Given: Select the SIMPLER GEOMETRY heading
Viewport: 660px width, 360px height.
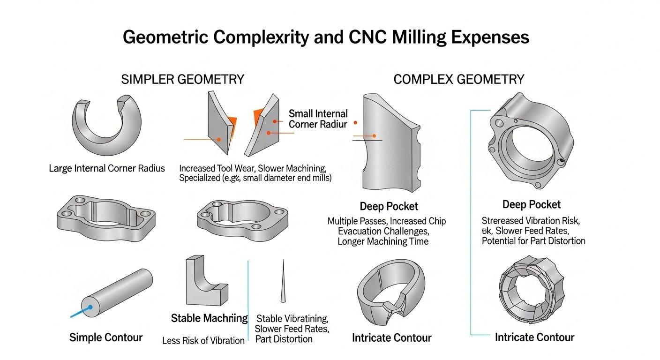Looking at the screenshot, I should click(182, 79).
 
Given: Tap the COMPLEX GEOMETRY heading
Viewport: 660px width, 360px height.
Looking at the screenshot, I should click(458, 79).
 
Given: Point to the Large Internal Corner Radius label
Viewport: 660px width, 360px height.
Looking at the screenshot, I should click(107, 168).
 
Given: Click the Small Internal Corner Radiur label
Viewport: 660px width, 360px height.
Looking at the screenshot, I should click(318, 119).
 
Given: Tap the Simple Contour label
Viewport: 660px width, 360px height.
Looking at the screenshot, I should click(106, 337).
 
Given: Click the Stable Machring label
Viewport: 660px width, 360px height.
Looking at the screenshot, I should click(209, 319).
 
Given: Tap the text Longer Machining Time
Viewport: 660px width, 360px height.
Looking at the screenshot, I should click(382, 241).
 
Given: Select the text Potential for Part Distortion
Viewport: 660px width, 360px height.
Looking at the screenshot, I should click(533, 241).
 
